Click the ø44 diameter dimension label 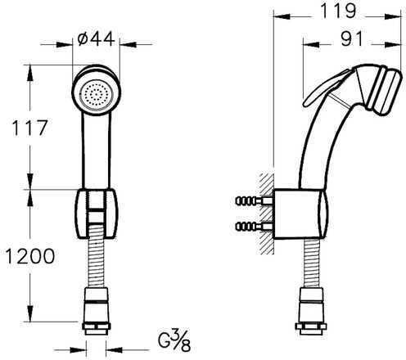pos(96,38)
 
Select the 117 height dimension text pos(30,128)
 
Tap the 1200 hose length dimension pos(30,256)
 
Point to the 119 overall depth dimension pos(338,11)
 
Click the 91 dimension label pos(352,38)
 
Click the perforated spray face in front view pos(96,95)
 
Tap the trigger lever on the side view pos(326,88)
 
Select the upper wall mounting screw pos(254,201)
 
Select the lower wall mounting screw pos(254,227)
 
